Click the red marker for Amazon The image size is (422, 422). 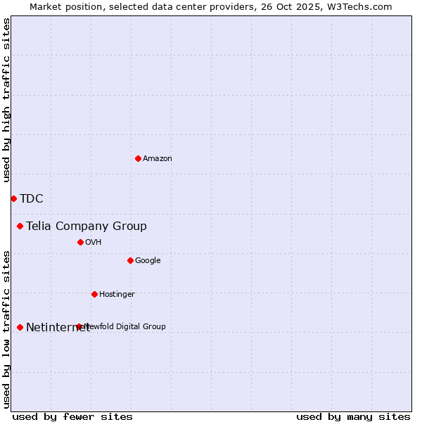pyautogui.click(x=138, y=158)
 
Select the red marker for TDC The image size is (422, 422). pyautogui.click(x=13, y=198)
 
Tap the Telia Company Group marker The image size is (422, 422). pyautogui.click(x=20, y=226)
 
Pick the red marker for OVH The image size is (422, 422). pyautogui.click(x=80, y=242)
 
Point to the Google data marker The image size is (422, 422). pyautogui.click(x=130, y=260)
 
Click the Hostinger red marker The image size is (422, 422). pyautogui.click(x=94, y=294)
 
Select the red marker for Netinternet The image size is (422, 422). pyautogui.click(x=20, y=327)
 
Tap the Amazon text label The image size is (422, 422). pyautogui.click(x=158, y=158)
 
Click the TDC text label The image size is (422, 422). pyautogui.click(x=32, y=198)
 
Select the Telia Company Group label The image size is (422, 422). pyautogui.click(x=87, y=226)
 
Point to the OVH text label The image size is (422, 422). pyautogui.click(x=94, y=242)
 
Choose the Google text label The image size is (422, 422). pyautogui.click(x=148, y=260)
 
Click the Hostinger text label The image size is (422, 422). pyautogui.click(x=117, y=294)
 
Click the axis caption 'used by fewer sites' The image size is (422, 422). pyautogui.click(x=72, y=416)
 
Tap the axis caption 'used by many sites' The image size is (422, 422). pyautogui.click(x=353, y=416)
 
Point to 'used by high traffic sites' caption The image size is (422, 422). pyautogui.click(x=6, y=101)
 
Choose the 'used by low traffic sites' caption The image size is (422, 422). pyautogui.click(x=6, y=328)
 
